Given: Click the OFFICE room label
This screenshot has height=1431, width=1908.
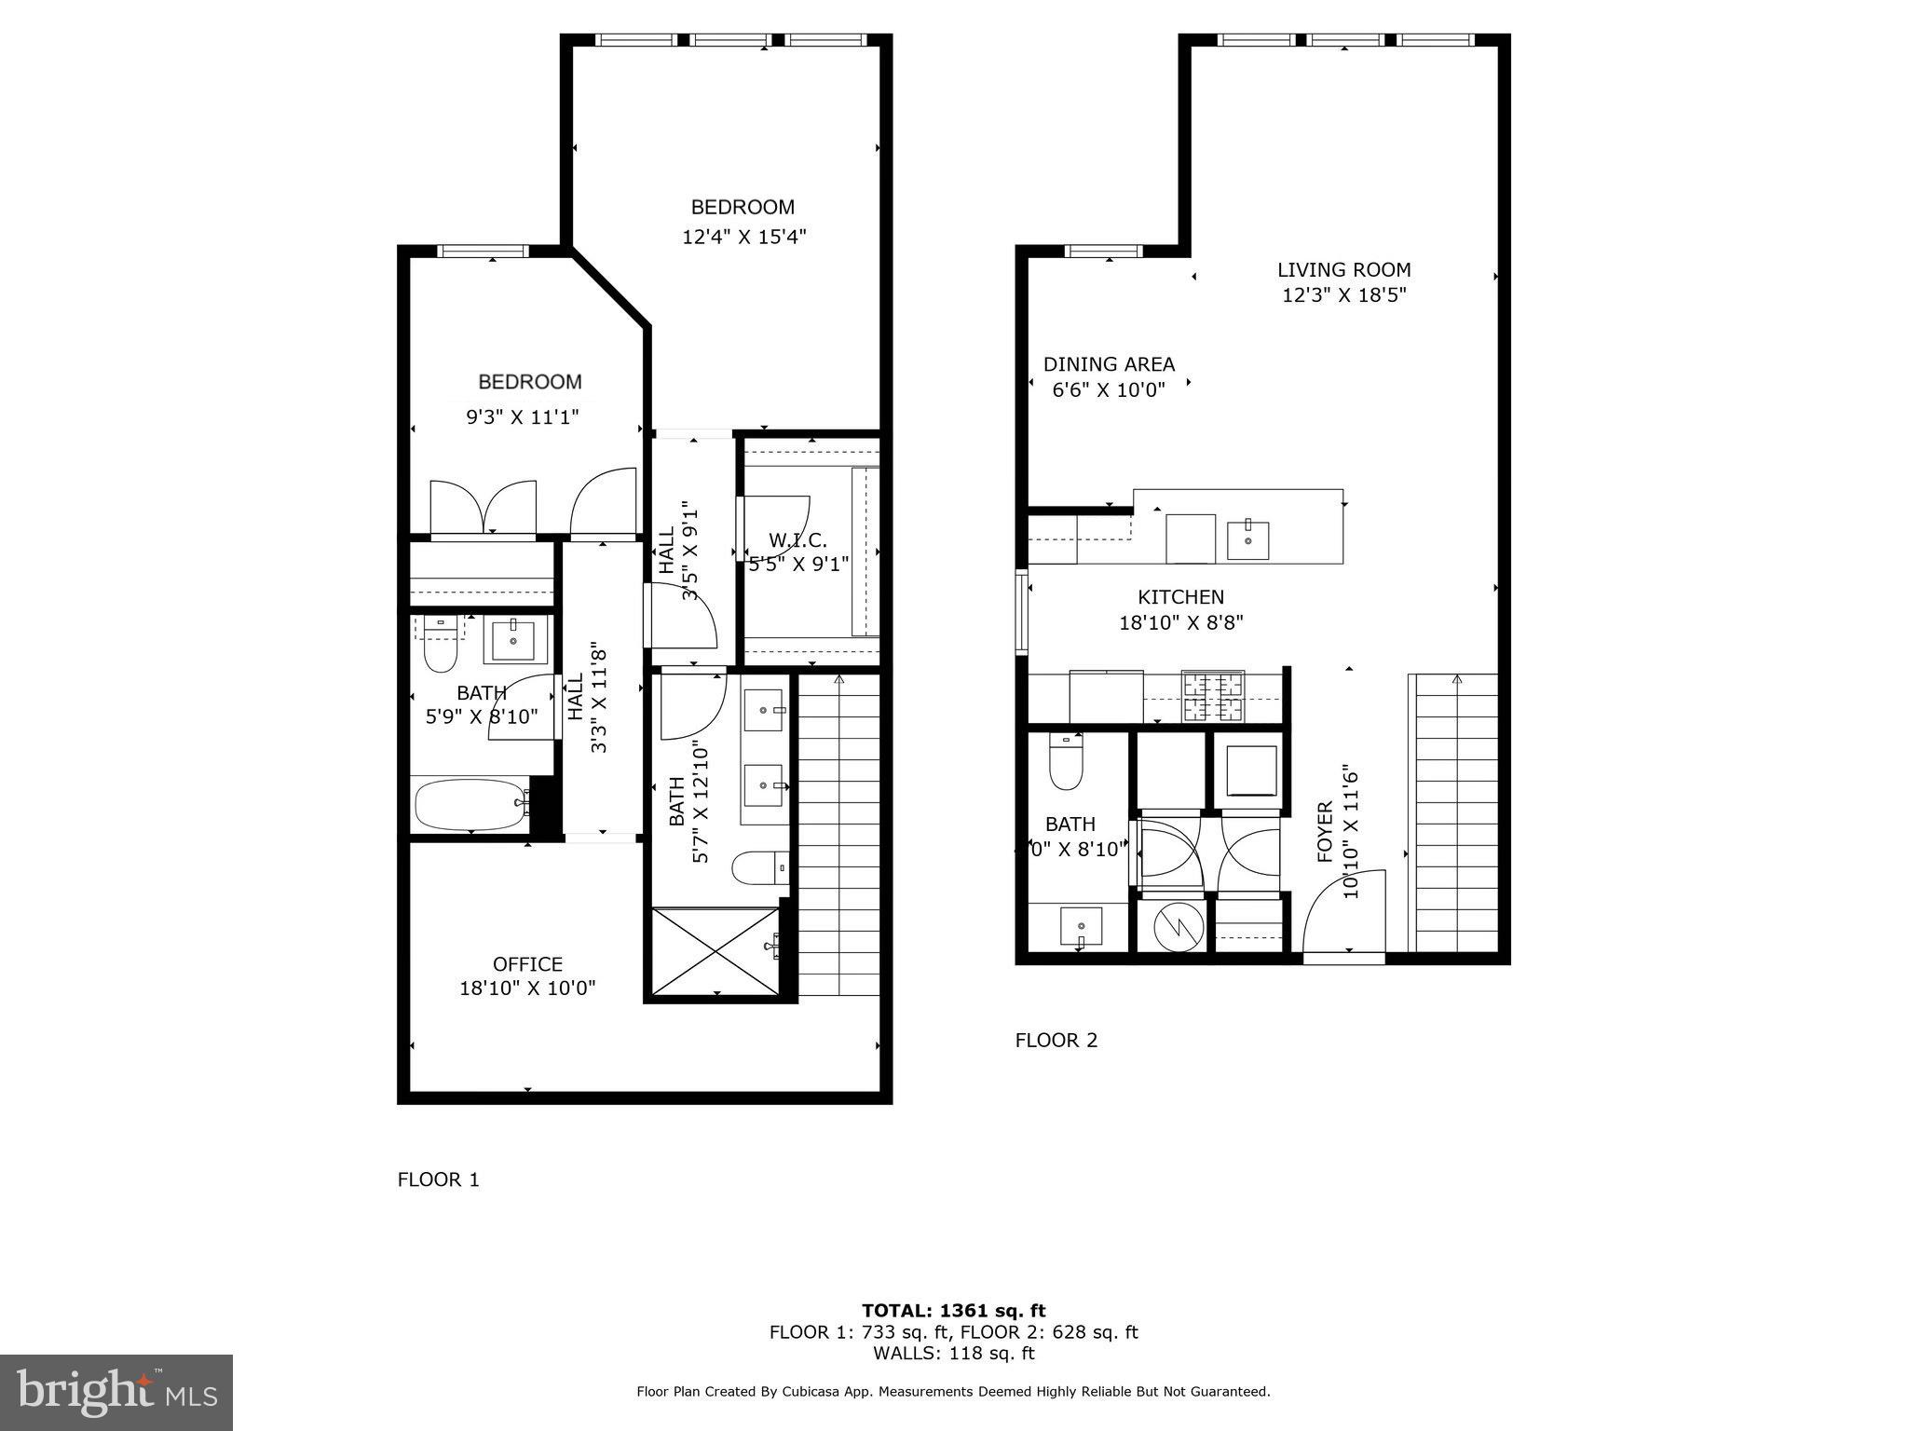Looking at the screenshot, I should pyautogui.click(x=527, y=964).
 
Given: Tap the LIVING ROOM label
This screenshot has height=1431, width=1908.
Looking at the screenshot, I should pyautogui.click(x=1343, y=270).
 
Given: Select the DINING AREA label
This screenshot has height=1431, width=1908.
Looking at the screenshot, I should pyautogui.click(x=1109, y=364).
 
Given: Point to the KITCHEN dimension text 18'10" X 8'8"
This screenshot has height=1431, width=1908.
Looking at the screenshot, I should pyautogui.click(x=1180, y=622).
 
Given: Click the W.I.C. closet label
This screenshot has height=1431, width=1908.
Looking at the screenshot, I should pyautogui.click(x=797, y=540).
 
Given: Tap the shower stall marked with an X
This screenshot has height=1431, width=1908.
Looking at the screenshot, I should pyautogui.click(x=715, y=951).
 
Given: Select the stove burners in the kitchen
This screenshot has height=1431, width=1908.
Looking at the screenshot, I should pyautogui.click(x=1213, y=696).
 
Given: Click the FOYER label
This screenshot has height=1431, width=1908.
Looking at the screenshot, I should pyautogui.click(x=1325, y=831).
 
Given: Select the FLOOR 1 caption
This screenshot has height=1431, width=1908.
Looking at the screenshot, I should pyautogui.click(x=438, y=1179).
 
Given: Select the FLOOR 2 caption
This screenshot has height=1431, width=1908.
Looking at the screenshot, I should pyautogui.click(x=1056, y=1040).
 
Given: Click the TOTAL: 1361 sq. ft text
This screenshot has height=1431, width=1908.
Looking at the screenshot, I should pyautogui.click(x=953, y=1311).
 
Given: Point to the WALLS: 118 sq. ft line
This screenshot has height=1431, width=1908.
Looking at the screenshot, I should pyautogui.click(x=953, y=1353).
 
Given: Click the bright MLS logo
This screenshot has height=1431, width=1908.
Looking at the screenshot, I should pyautogui.click(x=116, y=1392).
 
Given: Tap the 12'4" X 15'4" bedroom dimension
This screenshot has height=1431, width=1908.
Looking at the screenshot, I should pyautogui.click(x=743, y=237).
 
